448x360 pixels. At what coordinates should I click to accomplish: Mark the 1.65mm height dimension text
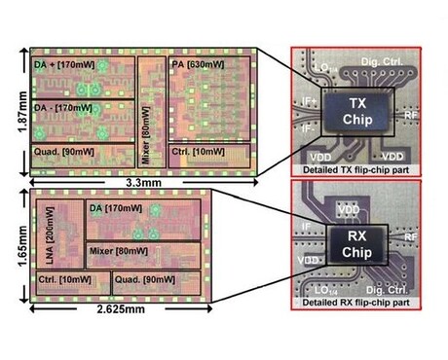coord(13,247)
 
